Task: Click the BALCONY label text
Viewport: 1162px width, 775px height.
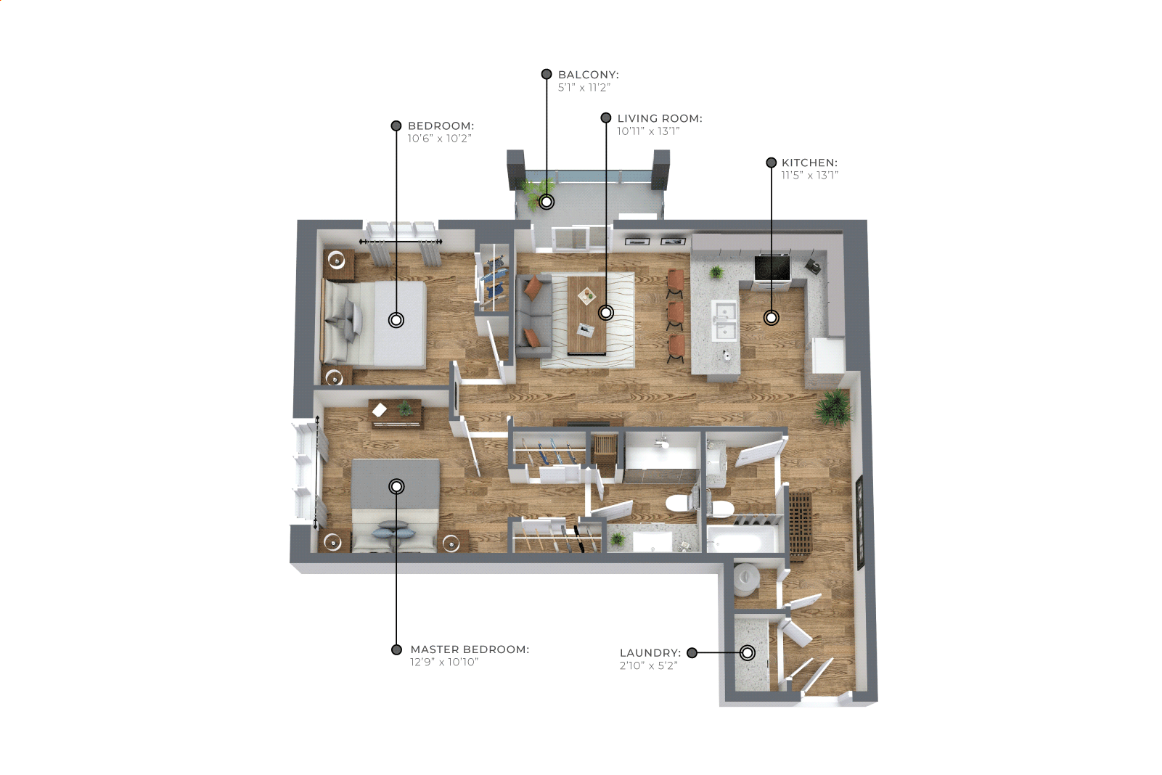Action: point(589,75)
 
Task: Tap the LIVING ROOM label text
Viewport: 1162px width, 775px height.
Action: point(659,118)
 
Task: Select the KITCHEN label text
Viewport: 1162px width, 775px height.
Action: point(809,163)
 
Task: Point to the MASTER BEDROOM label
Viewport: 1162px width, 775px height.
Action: point(470,649)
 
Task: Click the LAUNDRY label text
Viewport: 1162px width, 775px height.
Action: point(650,652)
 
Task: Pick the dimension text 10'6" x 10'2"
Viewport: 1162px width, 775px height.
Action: point(439,139)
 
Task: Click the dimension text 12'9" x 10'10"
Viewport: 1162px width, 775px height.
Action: point(443,662)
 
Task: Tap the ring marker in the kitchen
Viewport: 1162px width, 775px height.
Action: point(772,317)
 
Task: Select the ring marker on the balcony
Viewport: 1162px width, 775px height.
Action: point(547,202)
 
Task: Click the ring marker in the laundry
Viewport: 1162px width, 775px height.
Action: point(747,652)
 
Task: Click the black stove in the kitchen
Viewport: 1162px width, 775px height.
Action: point(772,268)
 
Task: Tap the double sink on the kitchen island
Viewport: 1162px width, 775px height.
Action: point(724,319)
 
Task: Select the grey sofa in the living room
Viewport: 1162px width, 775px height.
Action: point(533,316)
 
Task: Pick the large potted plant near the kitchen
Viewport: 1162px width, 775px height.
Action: point(833,407)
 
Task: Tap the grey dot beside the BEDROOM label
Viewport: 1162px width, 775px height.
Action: point(396,126)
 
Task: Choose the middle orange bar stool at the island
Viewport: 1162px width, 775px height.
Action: point(675,314)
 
